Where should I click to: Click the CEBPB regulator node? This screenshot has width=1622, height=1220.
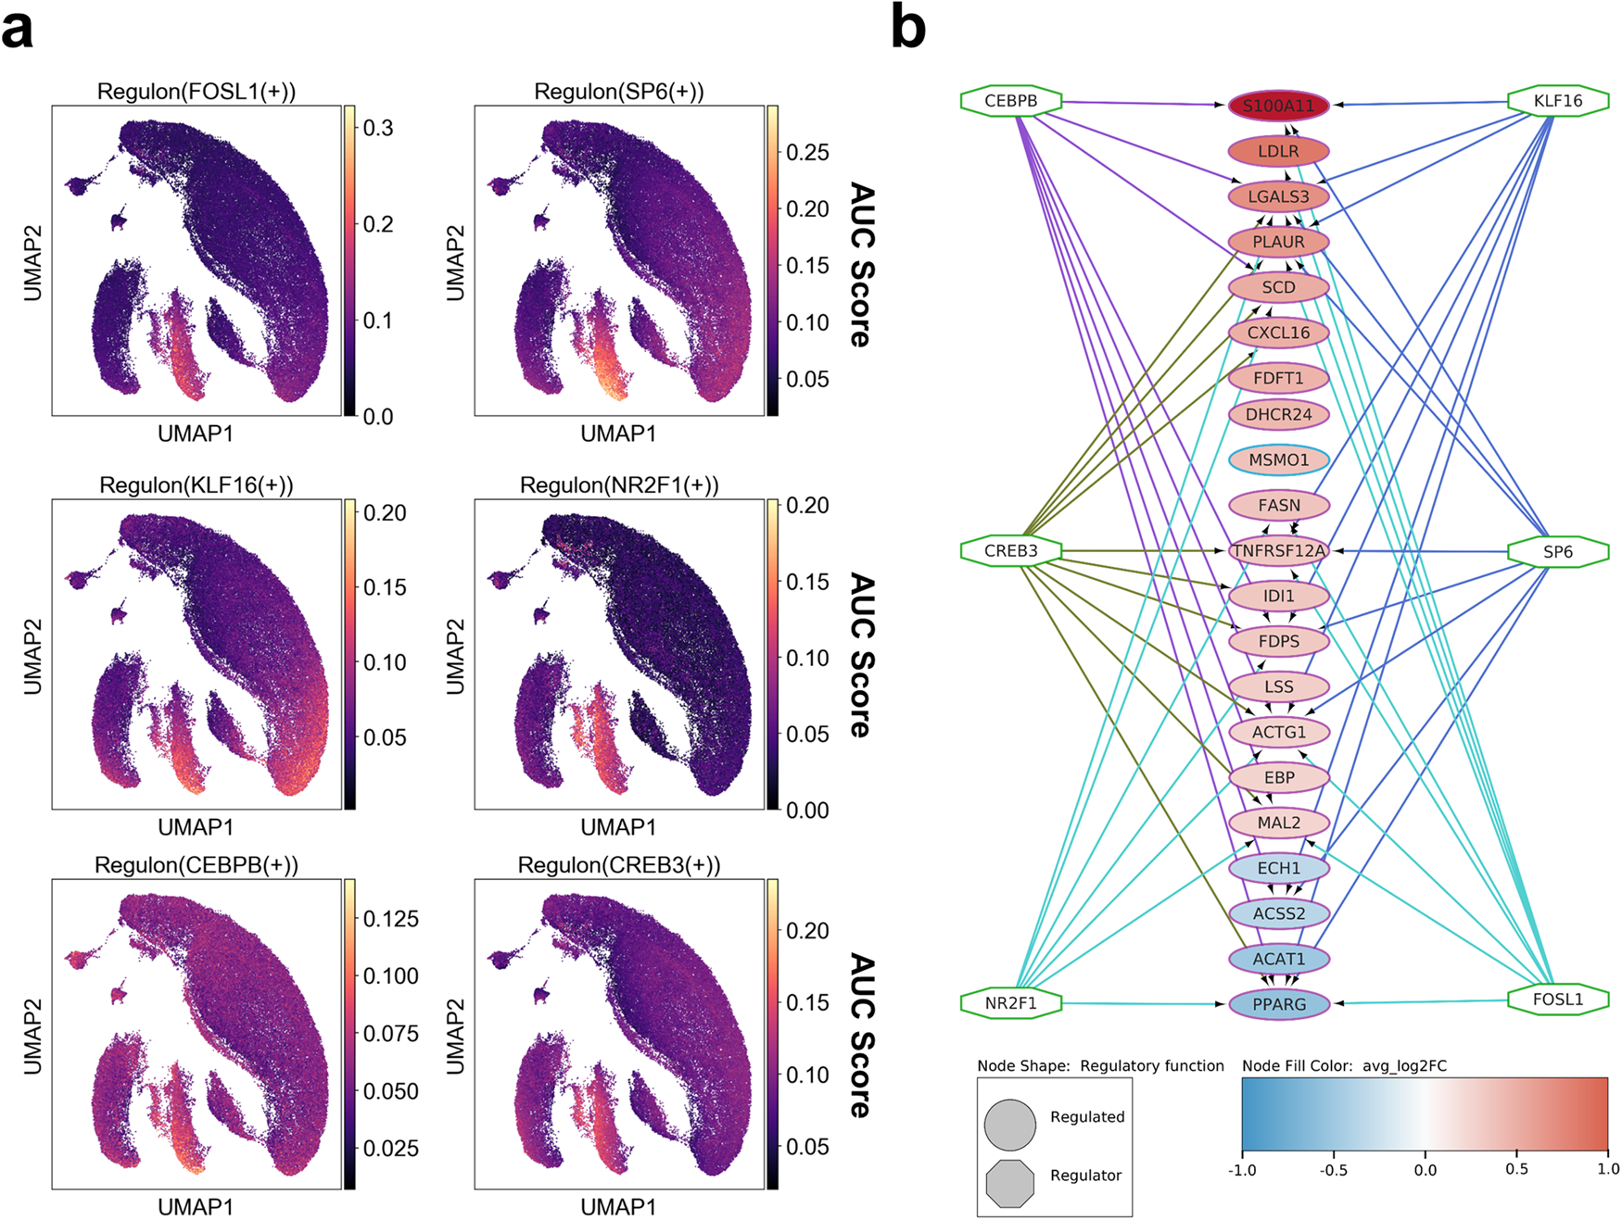point(1010,101)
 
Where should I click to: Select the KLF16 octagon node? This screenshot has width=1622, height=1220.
point(1557,101)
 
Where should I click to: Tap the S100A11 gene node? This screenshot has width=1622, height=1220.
point(1278,106)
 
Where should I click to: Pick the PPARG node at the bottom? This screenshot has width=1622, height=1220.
point(1278,1004)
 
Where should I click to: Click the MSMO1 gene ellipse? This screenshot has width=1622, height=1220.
point(1278,459)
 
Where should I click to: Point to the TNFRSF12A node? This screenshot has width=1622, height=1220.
point(1278,550)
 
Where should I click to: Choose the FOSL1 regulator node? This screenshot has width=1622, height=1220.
point(1557,1000)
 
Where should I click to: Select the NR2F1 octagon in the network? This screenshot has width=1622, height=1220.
point(1010,1003)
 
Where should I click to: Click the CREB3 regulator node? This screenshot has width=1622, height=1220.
point(1010,551)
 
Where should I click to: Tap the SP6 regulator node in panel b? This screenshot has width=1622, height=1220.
point(1557,552)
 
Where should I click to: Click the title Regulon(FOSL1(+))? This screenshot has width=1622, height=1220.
point(196,91)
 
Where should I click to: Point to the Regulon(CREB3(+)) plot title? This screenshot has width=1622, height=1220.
point(618,864)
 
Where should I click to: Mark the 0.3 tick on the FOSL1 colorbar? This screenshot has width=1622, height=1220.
point(377,128)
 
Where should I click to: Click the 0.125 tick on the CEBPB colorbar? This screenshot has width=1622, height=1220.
point(390,919)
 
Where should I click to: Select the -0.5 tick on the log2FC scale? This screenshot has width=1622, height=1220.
point(1333,1170)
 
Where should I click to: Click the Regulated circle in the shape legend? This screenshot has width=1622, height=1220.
point(1009,1125)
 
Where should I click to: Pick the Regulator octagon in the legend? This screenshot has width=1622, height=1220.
point(1009,1183)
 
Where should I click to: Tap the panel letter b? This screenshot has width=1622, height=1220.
point(907,28)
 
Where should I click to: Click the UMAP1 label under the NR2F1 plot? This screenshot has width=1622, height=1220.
point(618,826)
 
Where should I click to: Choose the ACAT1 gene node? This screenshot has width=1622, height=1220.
point(1278,959)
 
